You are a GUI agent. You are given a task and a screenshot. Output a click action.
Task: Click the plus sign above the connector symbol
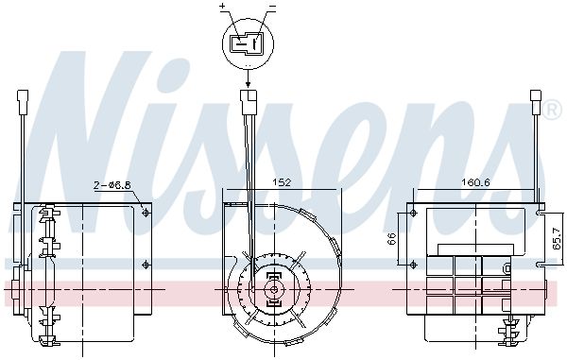[x=223, y=8]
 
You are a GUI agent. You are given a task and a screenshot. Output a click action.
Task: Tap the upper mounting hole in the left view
[x=145, y=214]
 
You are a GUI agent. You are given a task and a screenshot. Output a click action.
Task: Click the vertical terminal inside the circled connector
[x=256, y=41]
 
